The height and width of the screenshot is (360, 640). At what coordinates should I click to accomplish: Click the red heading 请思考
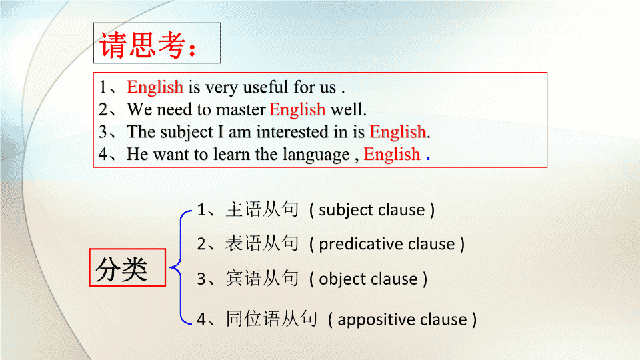[x=148, y=45]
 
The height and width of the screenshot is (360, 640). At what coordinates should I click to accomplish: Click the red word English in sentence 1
[x=155, y=87]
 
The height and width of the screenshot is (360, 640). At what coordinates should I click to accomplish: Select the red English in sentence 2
[x=297, y=110]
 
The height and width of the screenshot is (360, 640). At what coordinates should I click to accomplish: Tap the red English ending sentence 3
[x=397, y=132]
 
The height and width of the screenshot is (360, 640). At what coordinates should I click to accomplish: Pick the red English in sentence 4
[x=392, y=155]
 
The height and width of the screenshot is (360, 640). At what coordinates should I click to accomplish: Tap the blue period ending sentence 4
[x=428, y=157]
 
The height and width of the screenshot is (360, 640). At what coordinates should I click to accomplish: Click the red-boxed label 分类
[x=121, y=270]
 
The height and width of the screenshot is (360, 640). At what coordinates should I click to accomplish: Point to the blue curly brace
[x=181, y=267]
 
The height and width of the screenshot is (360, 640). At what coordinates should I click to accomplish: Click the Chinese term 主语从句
[x=262, y=209]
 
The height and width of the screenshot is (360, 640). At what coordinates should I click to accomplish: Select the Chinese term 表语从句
[x=262, y=243]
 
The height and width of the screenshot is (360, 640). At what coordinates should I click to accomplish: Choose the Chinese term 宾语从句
[x=262, y=279]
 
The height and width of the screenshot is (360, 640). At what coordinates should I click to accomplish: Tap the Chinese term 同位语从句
[x=271, y=319]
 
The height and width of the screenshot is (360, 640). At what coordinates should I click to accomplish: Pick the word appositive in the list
[x=376, y=320]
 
